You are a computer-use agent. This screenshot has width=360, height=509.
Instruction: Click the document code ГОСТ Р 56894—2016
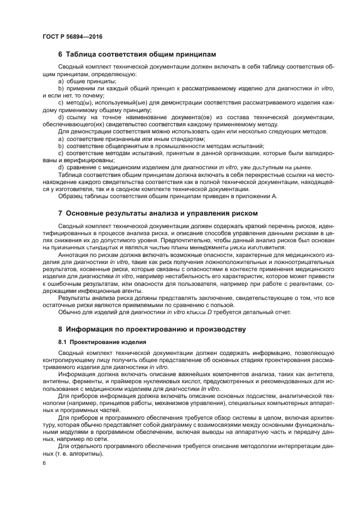pos(72,36)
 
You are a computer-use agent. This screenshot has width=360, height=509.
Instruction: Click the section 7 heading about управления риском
pos(157,213)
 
